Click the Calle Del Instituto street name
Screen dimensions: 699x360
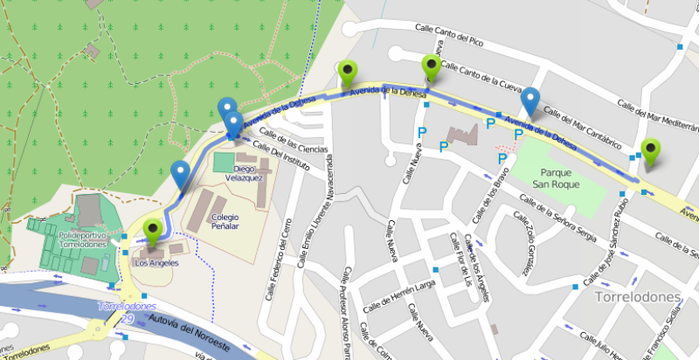click(x=285, y=160)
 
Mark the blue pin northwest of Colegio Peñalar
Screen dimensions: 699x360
click(x=181, y=176)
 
